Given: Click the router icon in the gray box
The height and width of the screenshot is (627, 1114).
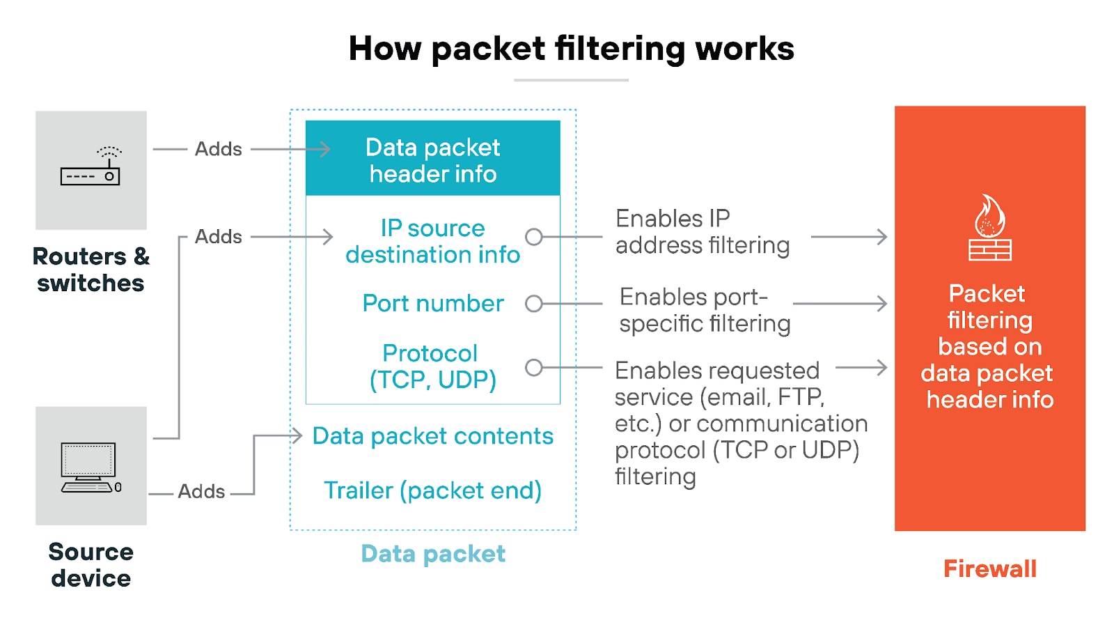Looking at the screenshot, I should [91, 167].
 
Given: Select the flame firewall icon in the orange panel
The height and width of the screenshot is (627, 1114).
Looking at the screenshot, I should [989, 227].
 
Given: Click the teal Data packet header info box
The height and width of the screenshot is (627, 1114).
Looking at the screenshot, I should [432, 159].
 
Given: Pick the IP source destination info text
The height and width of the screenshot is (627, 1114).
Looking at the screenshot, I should [432, 241].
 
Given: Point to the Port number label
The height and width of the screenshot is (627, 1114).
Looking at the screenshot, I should [432, 303].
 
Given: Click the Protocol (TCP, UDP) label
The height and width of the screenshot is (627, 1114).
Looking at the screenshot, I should [432, 366].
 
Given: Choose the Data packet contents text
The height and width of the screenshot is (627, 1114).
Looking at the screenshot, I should [432, 436].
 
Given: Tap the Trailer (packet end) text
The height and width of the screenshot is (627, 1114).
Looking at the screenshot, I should [432, 490].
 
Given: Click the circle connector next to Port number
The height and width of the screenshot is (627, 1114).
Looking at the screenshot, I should [534, 304].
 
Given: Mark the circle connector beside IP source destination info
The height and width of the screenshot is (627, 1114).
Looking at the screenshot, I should [534, 237].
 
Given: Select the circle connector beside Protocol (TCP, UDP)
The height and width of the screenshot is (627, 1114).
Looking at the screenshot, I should [534, 367].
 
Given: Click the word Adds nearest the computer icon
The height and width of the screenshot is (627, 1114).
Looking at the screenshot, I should [201, 491].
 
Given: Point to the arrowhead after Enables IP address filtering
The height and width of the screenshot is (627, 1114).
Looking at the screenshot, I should [882, 237].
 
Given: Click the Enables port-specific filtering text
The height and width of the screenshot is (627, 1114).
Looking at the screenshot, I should [705, 310].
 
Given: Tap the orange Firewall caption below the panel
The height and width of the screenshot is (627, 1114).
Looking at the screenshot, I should [989, 568].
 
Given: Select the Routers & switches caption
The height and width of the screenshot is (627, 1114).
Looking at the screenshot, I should [91, 270].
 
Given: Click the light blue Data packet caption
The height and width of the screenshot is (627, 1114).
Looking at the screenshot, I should [432, 554].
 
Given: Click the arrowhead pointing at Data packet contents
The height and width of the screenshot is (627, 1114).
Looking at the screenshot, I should [297, 436].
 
